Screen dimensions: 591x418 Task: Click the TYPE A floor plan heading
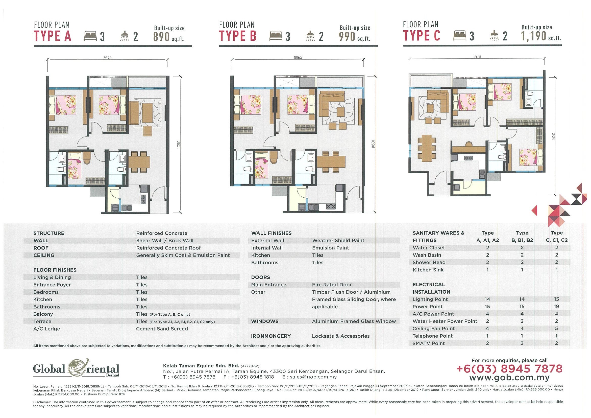tap(53, 36)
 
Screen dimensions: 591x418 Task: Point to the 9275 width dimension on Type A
tap(108, 58)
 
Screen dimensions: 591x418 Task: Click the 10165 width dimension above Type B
tap(298, 58)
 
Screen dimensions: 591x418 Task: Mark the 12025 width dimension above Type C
tap(477, 57)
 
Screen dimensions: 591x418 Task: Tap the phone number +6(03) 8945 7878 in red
tap(509, 368)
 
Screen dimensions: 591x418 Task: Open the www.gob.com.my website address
tap(509, 378)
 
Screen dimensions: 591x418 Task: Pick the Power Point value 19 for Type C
tap(556, 307)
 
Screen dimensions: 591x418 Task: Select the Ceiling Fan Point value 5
tap(556, 329)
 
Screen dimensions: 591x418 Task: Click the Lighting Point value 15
tap(556, 299)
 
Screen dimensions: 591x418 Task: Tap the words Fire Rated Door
tap(332, 285)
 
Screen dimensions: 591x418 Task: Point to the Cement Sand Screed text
tap(162, 329)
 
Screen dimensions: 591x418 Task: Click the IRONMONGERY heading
tap(271, 336)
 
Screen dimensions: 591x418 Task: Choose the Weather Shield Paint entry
tap(338, 241)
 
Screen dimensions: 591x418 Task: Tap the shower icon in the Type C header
tap(494, 36)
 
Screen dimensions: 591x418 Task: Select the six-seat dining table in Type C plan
tap(427, 149)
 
